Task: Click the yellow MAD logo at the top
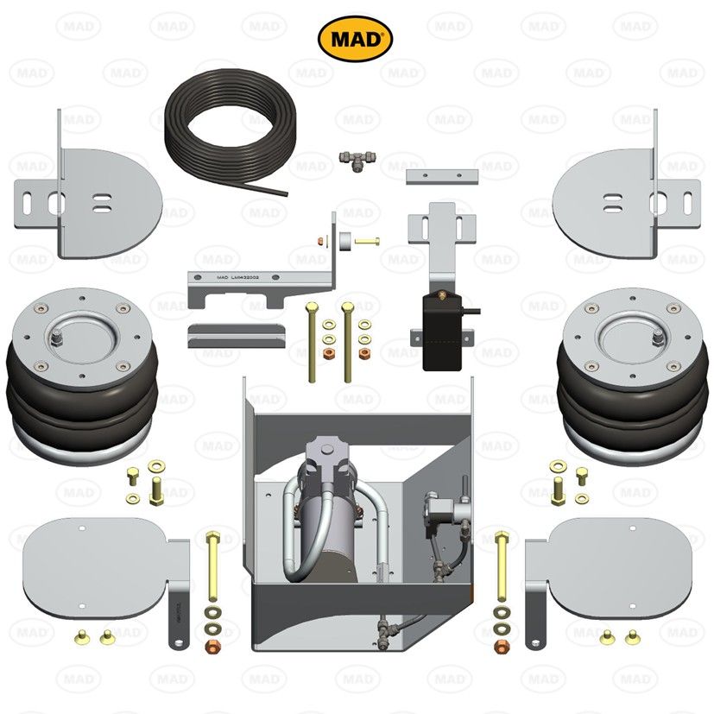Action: pyautogui.click(x=356, y=37)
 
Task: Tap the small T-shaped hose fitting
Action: pyautogui.click(x=356, y=160)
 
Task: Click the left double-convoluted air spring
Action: pyautogui.click(x=85, y=376)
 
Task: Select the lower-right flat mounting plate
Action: pyautogui.click(x=617, y=566)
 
